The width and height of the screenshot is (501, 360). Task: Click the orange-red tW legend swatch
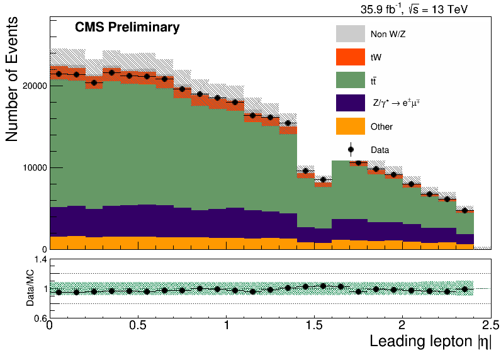click(350, 57)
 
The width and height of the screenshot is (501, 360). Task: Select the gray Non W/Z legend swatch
click(350, 33)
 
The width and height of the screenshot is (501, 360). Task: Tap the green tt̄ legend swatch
click(350, 80)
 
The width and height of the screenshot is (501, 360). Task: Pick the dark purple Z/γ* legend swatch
click(350, 103)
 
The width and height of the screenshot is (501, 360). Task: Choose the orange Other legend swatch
click(350, 126)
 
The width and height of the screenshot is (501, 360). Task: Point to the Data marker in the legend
click(351, 150)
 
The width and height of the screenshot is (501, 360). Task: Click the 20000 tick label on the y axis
click(35, 86)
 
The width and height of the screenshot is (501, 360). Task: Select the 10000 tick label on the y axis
click(35, 167)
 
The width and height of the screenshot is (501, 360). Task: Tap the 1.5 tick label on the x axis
click(315, 325)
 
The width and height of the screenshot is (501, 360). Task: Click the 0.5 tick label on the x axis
click(138, 325)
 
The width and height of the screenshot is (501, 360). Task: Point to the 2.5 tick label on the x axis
click(490, 325)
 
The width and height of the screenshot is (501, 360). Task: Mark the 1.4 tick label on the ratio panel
click(40, 260)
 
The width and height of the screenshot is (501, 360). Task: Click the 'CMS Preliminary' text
click(127, 27)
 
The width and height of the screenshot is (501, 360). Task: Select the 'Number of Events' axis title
click(11, 79)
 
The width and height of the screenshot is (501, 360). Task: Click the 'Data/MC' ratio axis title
click(30, 288)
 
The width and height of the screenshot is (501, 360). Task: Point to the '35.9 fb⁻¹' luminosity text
click(381, 9)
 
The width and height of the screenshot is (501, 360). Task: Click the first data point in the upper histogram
click(59, 74)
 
